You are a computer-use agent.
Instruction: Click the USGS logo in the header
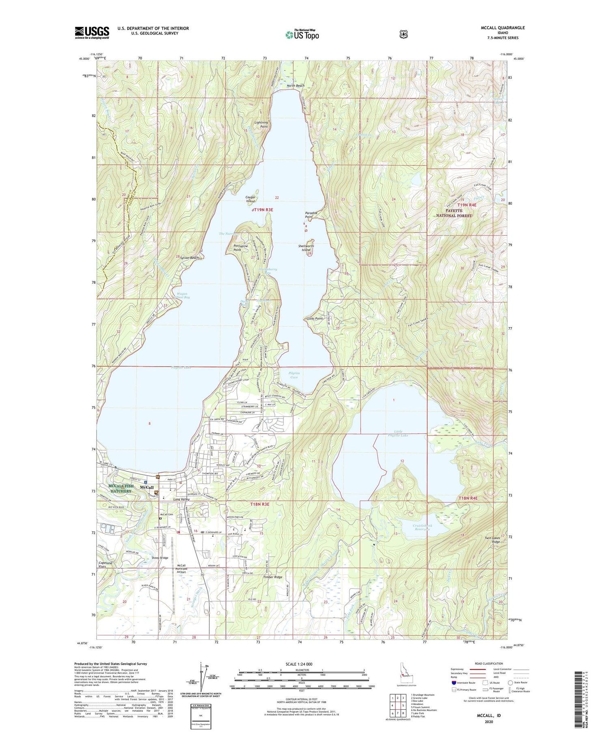(x=92, y=33)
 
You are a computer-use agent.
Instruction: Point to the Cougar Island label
(x=251, y=199)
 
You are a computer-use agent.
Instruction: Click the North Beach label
(x=295, y=86)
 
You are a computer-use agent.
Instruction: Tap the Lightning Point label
(x=261, y=124)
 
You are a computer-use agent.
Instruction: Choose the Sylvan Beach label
(x=188, y=258)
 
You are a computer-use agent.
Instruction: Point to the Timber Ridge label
(x=272, y=577)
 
